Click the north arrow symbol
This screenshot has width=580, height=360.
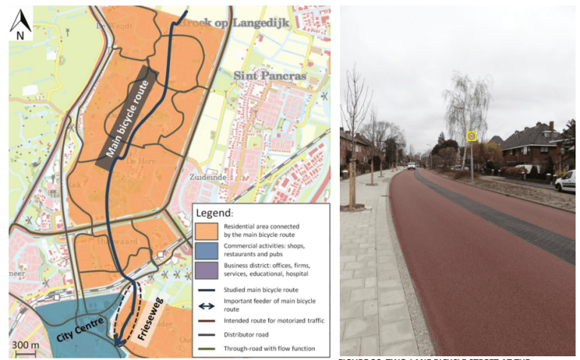20,24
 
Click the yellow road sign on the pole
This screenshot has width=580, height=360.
472,137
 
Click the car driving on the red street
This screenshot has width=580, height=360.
412,165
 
